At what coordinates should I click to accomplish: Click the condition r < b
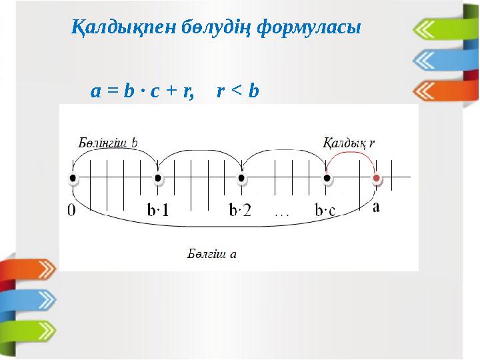pyautogui.click(x=238, y=91)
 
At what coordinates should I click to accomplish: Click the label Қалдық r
pyautogui.click(x=349, y=143)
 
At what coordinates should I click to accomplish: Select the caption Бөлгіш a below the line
pyautogui.click(x=212, y=253)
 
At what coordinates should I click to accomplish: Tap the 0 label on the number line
pyautogui.click(x=72, y=211)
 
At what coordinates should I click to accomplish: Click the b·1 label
pyautogui.click(x=158, y=211)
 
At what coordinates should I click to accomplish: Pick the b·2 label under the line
pyautogui.click(x=241, y=211)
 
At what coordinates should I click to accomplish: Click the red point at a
pyautogui.click(x=377, y=179)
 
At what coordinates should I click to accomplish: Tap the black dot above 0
pyautogui.click(x=73, y=179)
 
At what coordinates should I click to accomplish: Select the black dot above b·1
pyautogui.click(x=158, y=179)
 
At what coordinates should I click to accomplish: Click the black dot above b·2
pyautogui.click(x=242, y=179)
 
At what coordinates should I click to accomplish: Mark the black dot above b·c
pyautogui.click(x=327, y=179)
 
